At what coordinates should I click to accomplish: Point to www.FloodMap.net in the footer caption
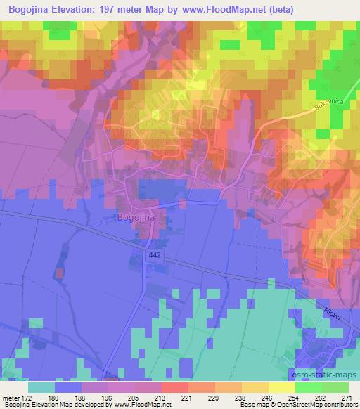pyautogui.click(x=151, y=405)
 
